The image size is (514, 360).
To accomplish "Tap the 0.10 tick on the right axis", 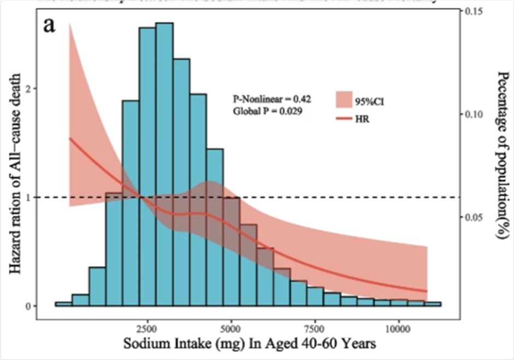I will click(x=476, y=114).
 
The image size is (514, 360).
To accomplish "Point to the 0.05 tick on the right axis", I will click(x=476, y=217).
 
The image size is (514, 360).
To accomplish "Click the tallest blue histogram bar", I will click(x=165, y=164).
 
